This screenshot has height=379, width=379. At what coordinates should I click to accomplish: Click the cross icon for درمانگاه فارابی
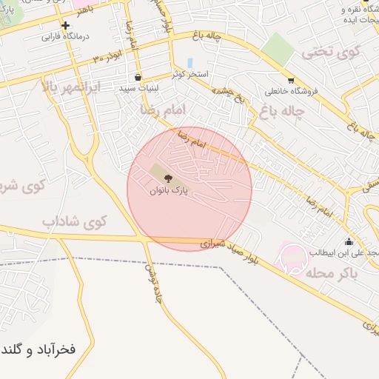point(65,25)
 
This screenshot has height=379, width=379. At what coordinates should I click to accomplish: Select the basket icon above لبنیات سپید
point(138,77)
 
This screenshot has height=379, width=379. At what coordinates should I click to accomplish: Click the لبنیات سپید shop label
point(137,87)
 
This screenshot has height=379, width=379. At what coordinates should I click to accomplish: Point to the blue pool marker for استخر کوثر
point(190,63)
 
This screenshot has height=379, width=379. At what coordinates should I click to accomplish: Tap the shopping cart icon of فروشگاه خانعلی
point(290,81)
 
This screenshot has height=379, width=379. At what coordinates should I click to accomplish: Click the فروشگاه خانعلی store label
point(291,91)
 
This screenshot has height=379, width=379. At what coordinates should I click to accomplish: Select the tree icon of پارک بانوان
point(167,178)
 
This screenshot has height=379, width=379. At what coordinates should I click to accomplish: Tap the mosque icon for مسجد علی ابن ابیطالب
point(349,241)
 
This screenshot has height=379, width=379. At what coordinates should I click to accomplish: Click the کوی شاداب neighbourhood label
point(75,221)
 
